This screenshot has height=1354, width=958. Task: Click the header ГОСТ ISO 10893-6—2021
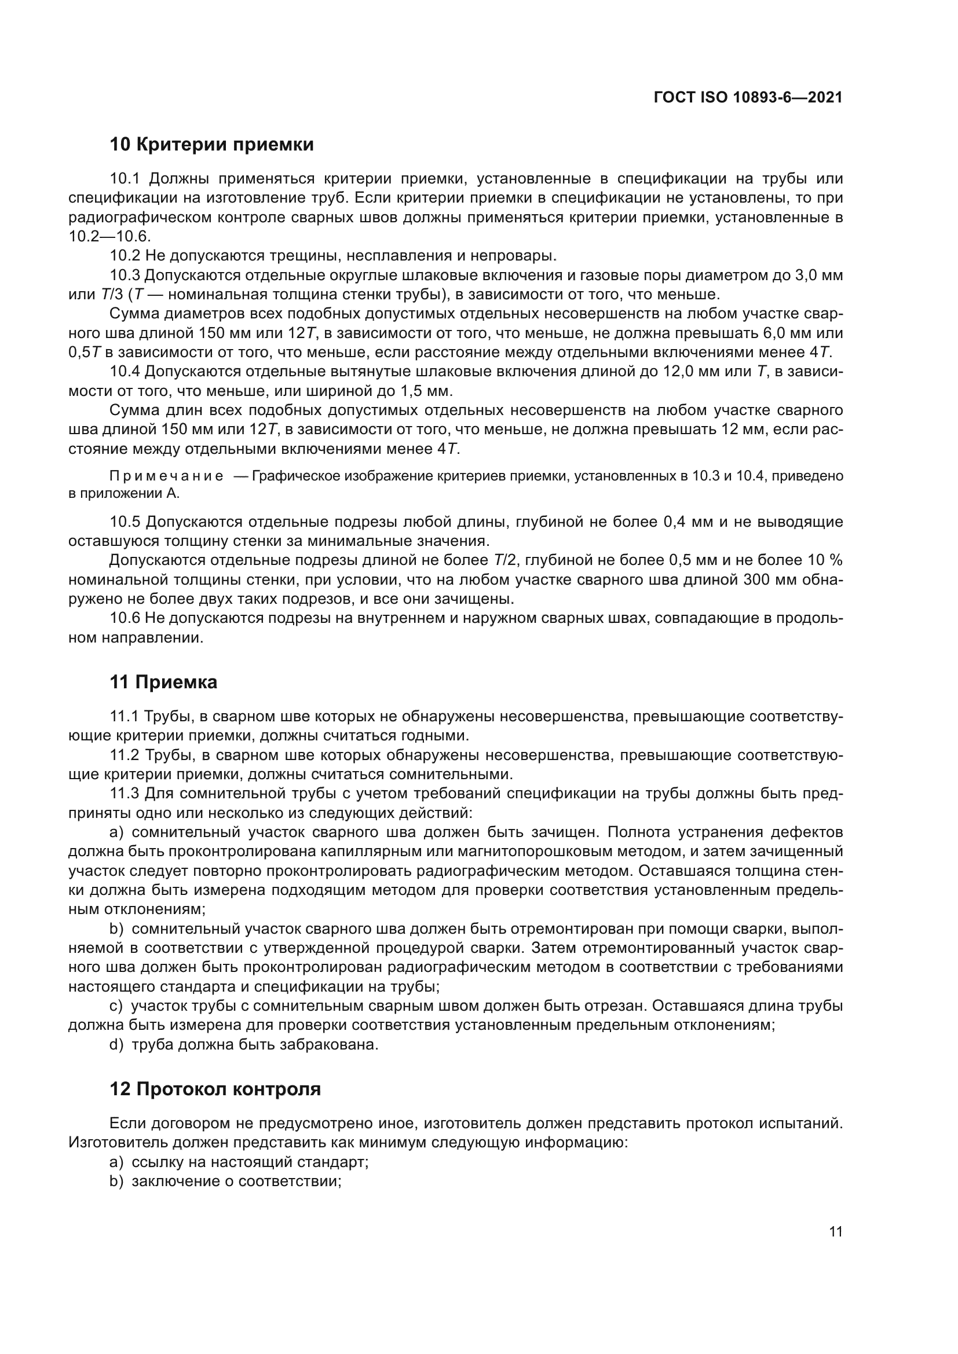point(747,97)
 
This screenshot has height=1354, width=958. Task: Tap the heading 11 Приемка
point(163,682)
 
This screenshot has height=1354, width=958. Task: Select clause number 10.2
point(125,256)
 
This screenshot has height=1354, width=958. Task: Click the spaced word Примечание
point(166,476)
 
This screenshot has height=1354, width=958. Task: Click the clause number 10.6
point(125,619)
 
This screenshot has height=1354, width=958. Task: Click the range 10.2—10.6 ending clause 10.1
point(109,237)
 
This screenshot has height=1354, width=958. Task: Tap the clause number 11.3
point(125,794)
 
